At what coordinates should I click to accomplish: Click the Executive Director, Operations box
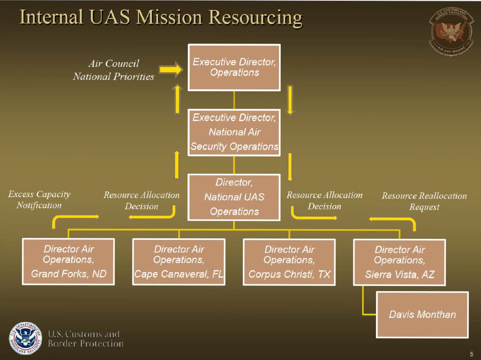[x=234, y=67]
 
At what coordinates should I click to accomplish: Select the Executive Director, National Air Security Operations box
[x=234, y=132]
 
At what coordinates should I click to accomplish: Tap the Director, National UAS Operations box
[x=234, y=197]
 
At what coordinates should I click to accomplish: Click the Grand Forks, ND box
[x=68, y=261]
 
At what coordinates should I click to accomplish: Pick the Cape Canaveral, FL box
[x=179, y=261]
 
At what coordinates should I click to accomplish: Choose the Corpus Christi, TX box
[x=289, y=262]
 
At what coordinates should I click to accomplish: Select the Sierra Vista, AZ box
[x=399, y=262]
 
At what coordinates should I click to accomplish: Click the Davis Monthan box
[x=422, y=315]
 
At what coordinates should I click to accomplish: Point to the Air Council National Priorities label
[x=113, y=70]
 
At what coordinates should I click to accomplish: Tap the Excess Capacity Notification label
[x=39, y=199]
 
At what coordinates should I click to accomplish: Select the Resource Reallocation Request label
[x=424, y=201]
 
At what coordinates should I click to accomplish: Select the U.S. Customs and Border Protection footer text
[x=85, y=339]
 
